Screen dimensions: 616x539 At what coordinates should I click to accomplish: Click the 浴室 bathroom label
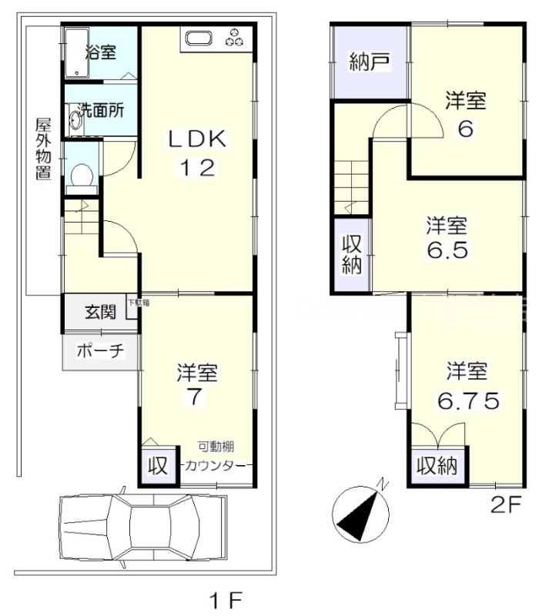[100, 53]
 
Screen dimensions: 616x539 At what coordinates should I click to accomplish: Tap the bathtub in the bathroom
[76, 52]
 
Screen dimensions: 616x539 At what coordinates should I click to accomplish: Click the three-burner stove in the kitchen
[235, 36]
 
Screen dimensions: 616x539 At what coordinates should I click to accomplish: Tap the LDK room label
[196, 139]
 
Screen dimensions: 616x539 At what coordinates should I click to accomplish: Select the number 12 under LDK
[196, 167]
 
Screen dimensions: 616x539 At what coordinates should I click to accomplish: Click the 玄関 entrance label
[100, 313]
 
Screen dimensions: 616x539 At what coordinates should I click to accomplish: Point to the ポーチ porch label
[100, 350]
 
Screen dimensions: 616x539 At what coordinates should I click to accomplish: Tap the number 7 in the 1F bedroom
[196, 398]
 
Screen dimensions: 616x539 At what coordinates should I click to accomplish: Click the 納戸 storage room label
[368, 62]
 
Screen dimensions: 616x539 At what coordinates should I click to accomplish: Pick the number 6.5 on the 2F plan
[447, 251]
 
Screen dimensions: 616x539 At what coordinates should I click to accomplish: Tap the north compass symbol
[360, 511]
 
